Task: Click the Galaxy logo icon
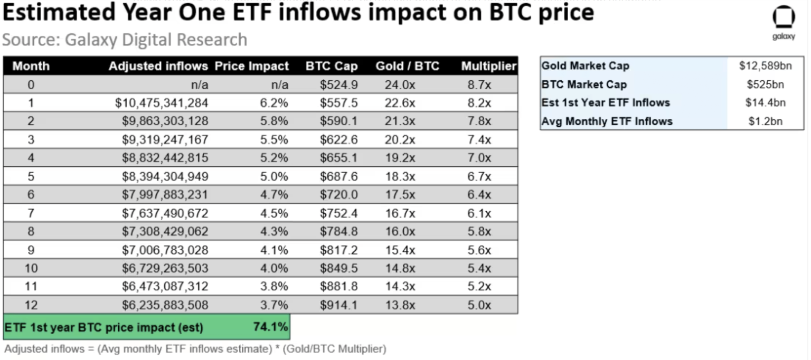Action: coord(784,18)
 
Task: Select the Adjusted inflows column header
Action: coord(158,67)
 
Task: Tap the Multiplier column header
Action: coord(488,67)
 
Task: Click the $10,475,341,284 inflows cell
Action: coord(162,103)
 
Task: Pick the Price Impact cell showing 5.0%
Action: coord(274,176)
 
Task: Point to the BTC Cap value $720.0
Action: coord(338,195)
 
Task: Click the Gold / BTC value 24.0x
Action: coord(401,84)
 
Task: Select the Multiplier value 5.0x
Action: coord(479,305)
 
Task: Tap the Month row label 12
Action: coord(31,305)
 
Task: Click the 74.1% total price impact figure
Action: coord(270,327)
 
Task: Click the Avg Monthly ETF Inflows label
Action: coord(607,121)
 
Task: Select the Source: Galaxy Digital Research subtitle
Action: coord(125,40)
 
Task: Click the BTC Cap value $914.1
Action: coord(338,305)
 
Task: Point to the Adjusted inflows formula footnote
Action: coord(195,349)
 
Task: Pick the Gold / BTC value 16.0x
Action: coord(401,232)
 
